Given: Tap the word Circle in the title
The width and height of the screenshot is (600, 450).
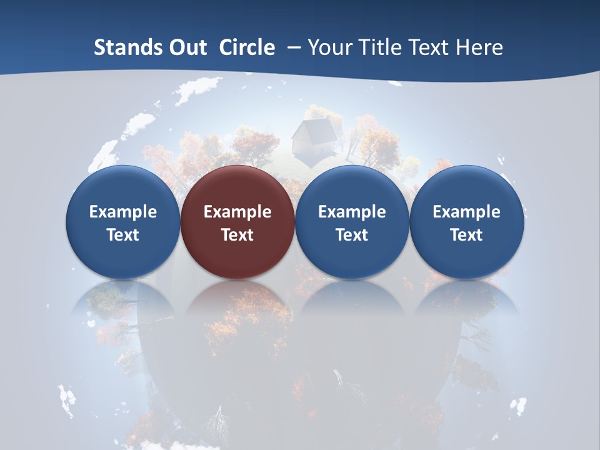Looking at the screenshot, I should pos(247,47).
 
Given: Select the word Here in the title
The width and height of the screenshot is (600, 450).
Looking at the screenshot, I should pos(479,47).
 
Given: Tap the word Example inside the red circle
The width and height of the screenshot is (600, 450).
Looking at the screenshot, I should pos(237,212).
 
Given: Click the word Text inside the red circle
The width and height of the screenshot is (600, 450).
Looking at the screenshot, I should pos(237,235).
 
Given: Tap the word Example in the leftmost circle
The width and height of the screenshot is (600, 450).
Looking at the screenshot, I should pos(122,212).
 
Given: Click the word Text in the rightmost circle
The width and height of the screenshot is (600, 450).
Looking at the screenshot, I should pos(467,235).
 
